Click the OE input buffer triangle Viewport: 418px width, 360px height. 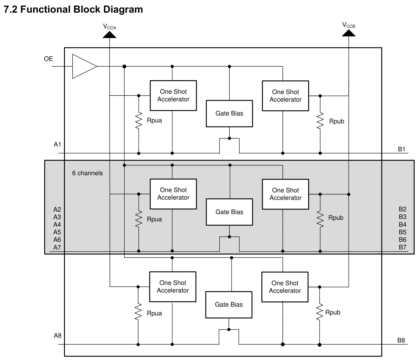84,66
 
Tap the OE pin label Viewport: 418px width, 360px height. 48,59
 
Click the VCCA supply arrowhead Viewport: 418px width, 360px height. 109,35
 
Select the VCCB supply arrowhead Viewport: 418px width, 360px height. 349,33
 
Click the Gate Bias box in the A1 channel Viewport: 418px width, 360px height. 229,114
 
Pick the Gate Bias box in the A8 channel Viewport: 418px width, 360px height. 229,305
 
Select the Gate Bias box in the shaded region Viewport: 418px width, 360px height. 229,212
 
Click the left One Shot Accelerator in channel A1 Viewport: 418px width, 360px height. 173,96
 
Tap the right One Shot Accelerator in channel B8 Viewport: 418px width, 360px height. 285,287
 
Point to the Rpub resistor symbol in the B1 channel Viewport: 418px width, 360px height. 320,121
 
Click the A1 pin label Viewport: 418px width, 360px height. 57,144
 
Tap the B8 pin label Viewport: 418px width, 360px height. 401,340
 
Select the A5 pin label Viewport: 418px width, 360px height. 57,232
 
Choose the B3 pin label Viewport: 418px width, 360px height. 402,217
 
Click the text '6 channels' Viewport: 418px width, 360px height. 87,173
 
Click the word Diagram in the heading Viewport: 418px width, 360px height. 123,9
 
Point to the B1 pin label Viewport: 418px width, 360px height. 401,149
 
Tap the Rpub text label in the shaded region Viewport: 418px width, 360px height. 336,218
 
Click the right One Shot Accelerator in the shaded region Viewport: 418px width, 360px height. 285,194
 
